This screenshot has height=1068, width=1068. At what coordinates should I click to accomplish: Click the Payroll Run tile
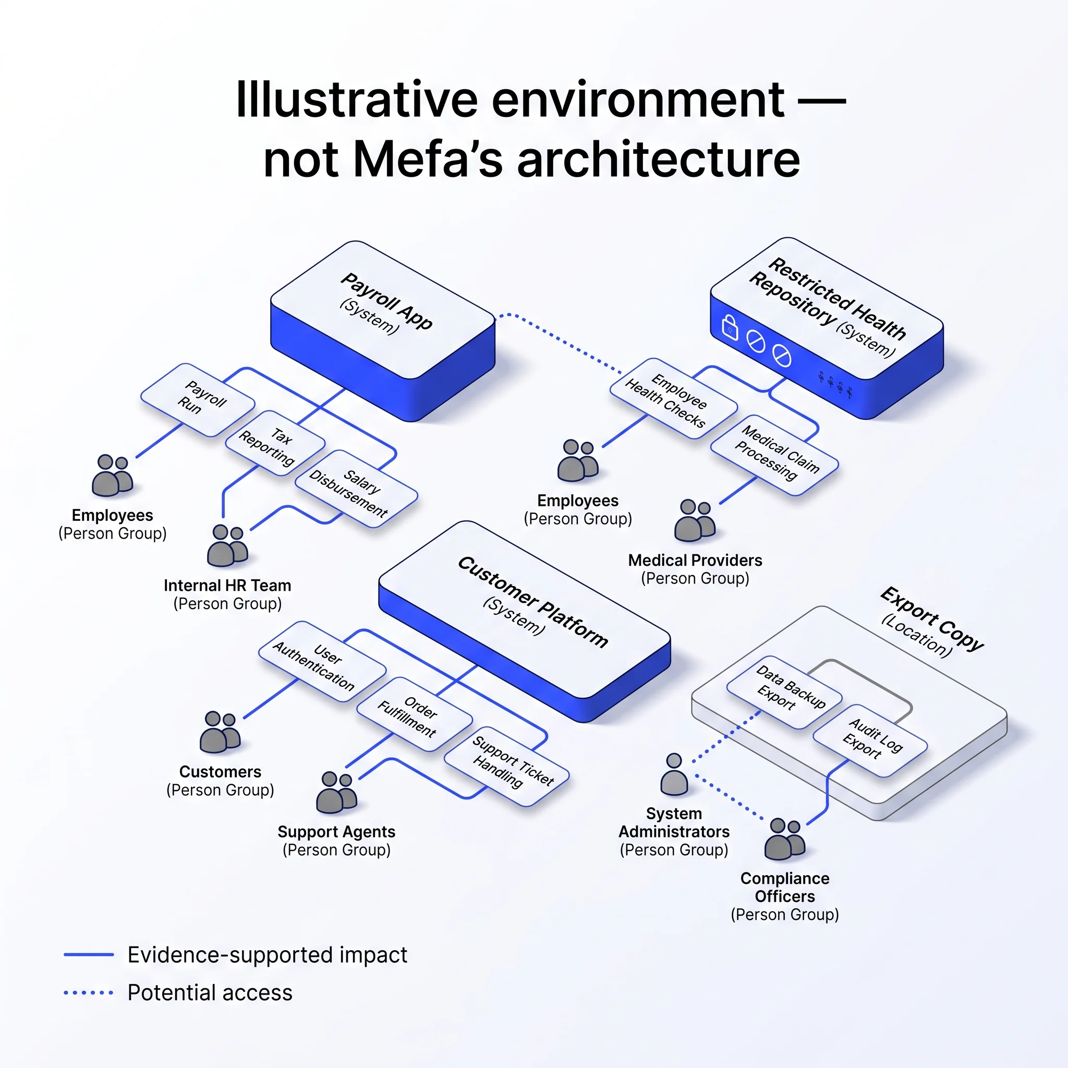[197, 399]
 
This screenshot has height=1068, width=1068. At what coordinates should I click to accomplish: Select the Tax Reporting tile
[275, 442]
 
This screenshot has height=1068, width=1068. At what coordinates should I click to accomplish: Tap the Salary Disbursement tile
[356, 488]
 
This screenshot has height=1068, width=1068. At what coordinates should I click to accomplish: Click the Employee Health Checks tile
[673, 398]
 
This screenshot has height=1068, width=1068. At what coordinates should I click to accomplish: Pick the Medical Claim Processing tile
[774, 455]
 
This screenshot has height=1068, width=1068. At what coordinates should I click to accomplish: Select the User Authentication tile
[322, 661]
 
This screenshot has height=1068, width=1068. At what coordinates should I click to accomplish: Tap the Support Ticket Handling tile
[506, 766]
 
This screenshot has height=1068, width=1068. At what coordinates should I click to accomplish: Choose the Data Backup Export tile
[784, 691]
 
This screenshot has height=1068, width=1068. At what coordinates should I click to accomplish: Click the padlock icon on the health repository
[730, 326]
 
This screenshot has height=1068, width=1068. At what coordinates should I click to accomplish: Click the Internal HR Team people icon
[227, 545]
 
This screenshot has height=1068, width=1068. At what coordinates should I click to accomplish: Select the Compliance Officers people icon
[784, 839]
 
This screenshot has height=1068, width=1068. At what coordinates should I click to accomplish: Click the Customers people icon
[220, 732]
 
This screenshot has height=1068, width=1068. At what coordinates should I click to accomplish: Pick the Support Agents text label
[336, 831]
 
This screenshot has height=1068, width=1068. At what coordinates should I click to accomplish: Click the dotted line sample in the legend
[89, 993]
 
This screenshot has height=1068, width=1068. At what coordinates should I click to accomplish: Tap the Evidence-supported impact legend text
[268, 955]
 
